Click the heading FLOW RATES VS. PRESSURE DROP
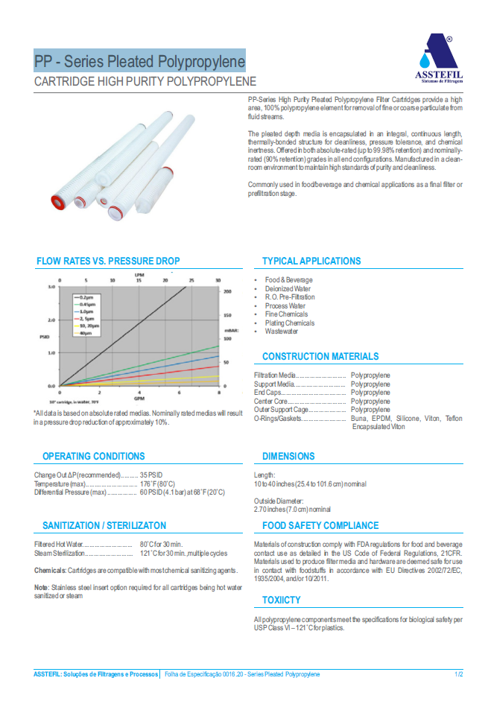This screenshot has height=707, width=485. tap(108, 261)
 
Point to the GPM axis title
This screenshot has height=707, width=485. tap(139, 399)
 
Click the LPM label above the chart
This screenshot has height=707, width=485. tap(139, 275)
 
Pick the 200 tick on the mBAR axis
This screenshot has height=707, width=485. tap(227, 292)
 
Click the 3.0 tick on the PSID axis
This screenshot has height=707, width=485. tap(52, 287)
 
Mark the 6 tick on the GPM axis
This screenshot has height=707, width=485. tap(180, 392)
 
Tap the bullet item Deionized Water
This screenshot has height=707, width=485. tap(288, 288)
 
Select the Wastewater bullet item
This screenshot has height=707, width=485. tap(282, 332)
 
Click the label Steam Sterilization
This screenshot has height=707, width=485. tap(60, 553)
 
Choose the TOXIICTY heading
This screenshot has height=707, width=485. tap(282, 600)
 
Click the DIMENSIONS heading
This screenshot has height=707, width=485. tap(288, 456)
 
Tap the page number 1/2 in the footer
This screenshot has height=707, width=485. tap(459, 674)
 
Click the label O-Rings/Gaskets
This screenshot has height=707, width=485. tap(279, 419)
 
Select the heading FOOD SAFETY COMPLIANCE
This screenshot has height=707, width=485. tap(320, 525)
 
